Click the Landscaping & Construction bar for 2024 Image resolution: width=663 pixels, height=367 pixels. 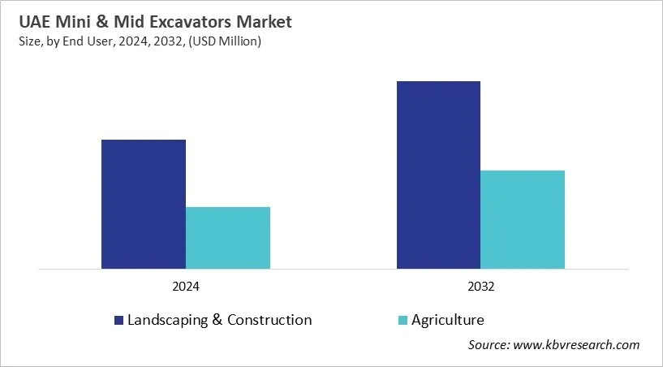pos(143,204)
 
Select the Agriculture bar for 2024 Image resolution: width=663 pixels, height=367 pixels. pos(228,237)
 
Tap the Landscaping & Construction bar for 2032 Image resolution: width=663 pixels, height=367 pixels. pos(438,175)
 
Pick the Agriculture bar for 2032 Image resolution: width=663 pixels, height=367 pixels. pos(523,219)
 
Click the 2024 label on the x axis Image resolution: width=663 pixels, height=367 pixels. pos(185,287)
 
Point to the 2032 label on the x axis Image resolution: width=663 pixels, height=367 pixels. pos(480,287)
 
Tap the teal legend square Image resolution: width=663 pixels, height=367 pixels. pos(403,321)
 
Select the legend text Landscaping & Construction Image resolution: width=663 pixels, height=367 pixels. pos(219,320)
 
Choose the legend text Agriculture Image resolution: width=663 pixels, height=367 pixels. pos(448,320)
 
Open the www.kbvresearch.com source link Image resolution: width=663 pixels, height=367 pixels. pos(575,345)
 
